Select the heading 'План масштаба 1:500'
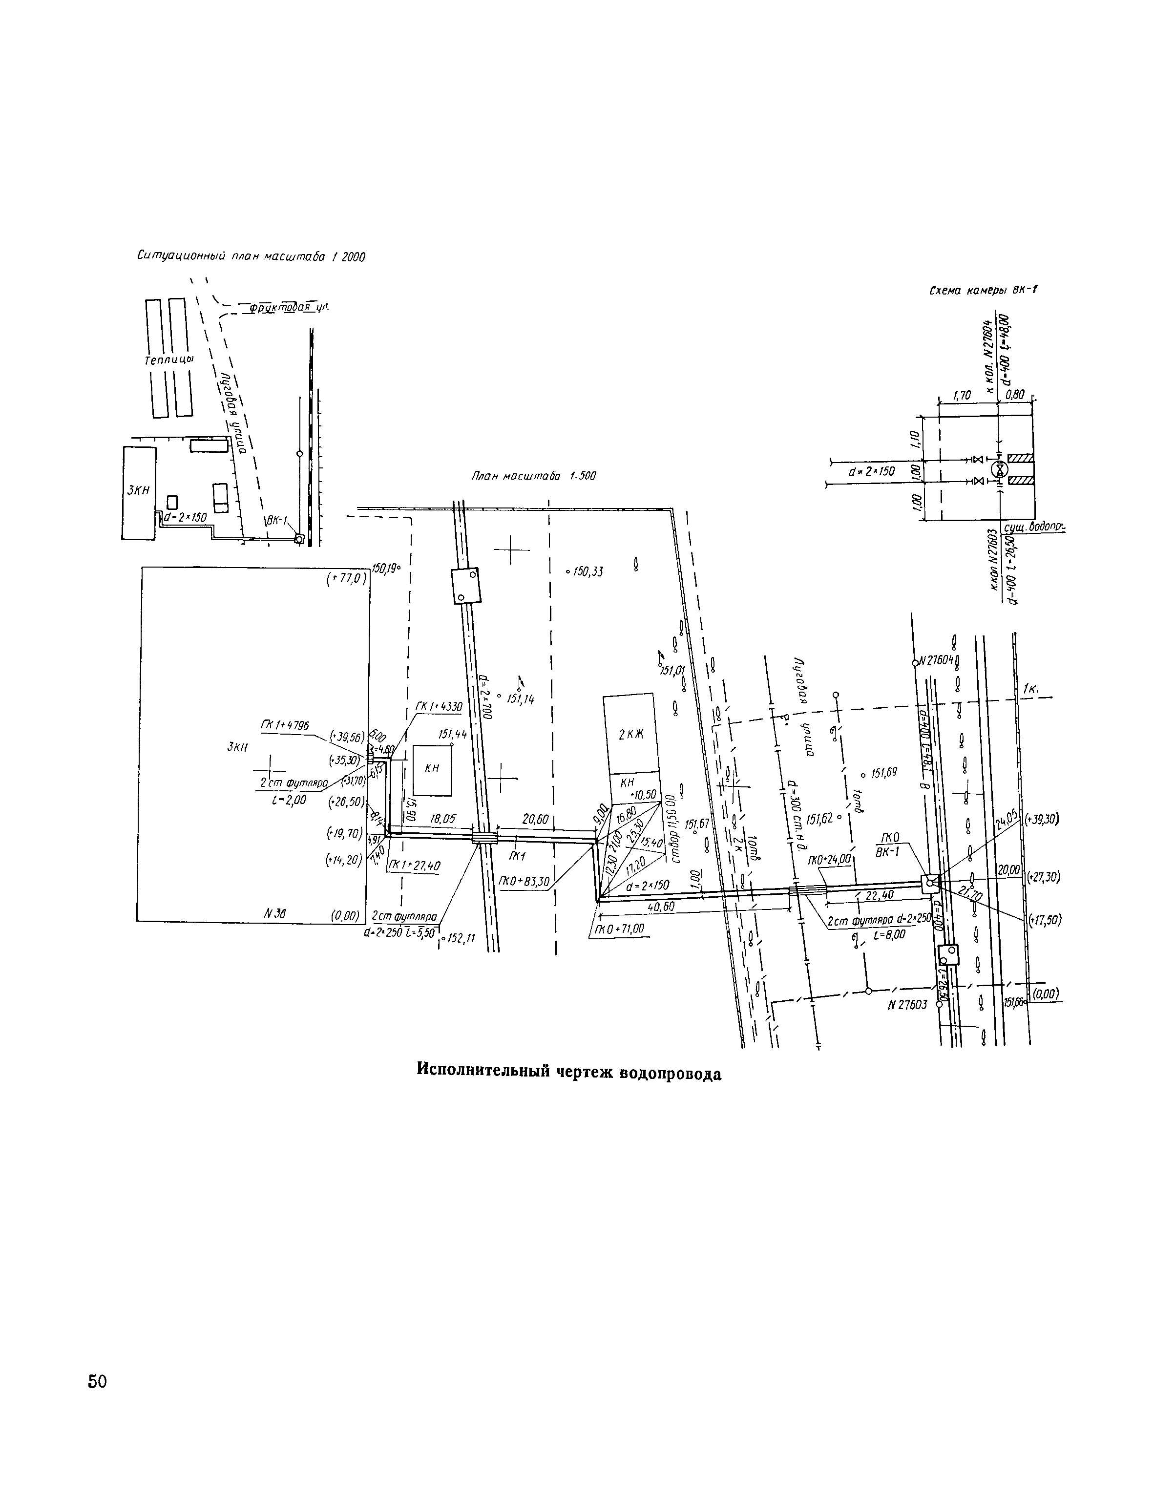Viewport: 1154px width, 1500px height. click(x=533, y=475)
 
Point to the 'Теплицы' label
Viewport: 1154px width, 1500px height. click(x=169, y=360)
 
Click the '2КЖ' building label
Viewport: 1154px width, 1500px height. click(x=630, y=734)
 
